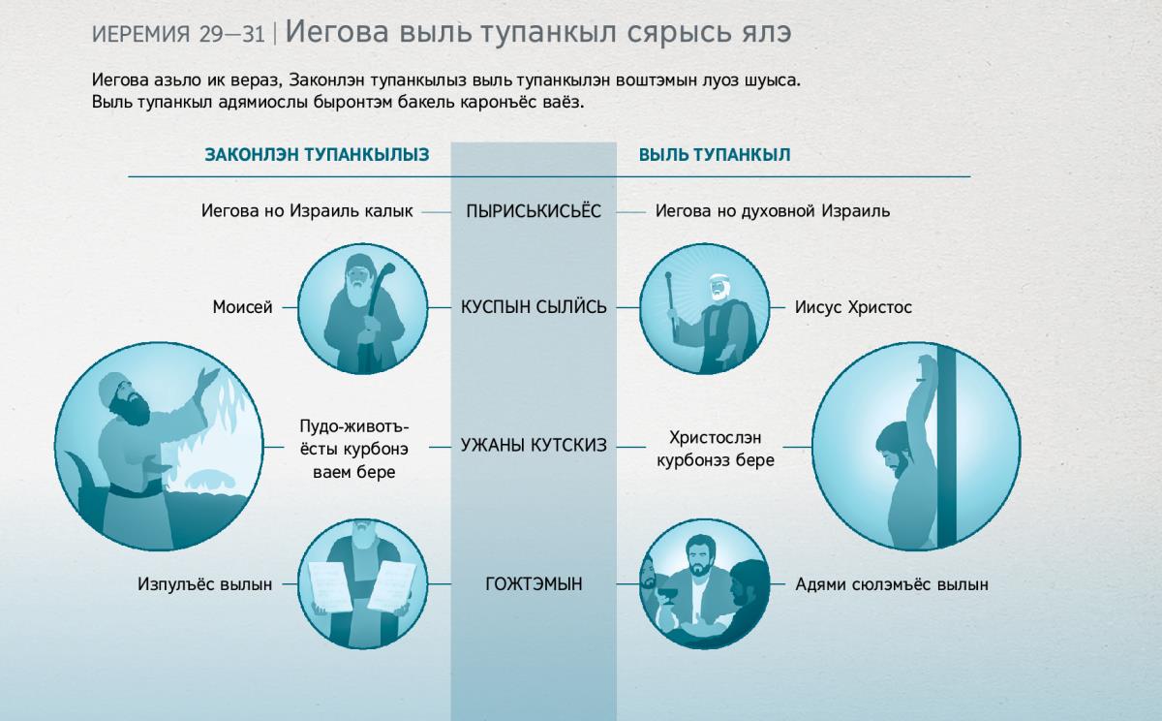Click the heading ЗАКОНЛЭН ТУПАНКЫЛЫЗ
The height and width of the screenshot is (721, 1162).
click(x=317, y=155)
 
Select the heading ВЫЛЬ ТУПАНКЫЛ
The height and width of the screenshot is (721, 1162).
click(x=715, y=155)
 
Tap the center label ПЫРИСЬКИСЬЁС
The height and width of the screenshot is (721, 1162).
click(x=534, y=210)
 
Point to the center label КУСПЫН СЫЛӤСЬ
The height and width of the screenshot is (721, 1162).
click(x=534, y=307)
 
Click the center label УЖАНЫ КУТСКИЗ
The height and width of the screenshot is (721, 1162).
click(x=534, y=445)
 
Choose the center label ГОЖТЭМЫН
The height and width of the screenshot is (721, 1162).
click(x=534, y=584)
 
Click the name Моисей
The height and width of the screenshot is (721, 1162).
click(x=242, y=307)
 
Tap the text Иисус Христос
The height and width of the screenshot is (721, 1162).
click(x=853, y=307)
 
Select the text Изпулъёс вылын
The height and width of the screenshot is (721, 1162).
click(x=204, y=584)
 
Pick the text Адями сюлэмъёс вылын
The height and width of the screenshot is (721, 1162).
click(x=892, y=584)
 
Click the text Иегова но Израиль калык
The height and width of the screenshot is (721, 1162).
click(x=307, y=210)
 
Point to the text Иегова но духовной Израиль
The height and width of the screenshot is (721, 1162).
click(x=773, y=210)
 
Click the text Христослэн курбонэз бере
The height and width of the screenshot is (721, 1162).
click(x=716, y=449)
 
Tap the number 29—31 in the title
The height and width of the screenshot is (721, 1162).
click(x=231, y=34)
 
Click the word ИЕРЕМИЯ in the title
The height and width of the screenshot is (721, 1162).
click(x=141, y=34)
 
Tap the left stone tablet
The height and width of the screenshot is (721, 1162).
click(x=330, y=586)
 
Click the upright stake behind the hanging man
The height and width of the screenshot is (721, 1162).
click(x=947, y=447)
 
